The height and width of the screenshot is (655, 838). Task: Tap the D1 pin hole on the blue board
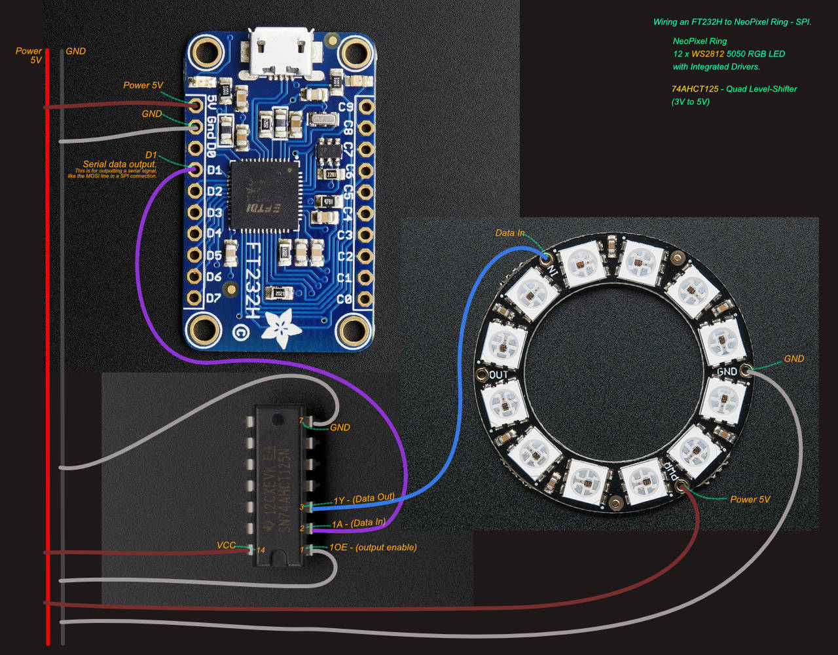[x=195, y=170]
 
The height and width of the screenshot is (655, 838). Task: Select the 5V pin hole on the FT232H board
[x=195, y=105]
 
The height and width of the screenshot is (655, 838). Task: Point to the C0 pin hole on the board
[x=365, y=299]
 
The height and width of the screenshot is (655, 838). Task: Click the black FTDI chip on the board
[x=264, y=195]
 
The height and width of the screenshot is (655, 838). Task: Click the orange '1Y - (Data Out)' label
[x=364, y=498]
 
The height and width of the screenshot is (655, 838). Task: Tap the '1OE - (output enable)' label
[x=373, y=547]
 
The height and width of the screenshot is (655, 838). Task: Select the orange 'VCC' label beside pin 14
[x=227, y=545]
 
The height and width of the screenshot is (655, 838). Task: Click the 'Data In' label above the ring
[x=509, y=233]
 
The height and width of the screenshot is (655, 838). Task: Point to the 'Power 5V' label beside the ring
[x=750, y=499]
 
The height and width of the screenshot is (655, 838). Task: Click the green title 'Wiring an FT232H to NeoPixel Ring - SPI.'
[x=732, y=22]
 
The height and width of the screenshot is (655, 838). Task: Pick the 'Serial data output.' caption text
[x=119, y=164]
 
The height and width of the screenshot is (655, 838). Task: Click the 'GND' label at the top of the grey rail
[x=76, y=51]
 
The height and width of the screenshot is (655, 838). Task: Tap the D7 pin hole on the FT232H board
[x=195, y=299]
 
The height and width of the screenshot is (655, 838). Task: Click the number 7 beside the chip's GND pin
[x=301, y=420]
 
